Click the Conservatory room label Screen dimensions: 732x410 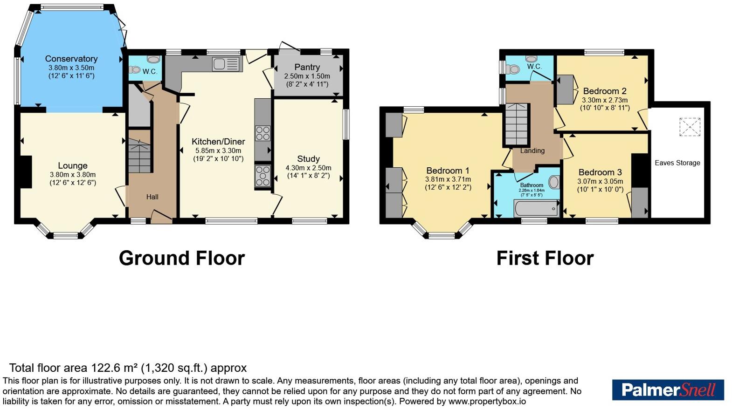[x=71, y=59]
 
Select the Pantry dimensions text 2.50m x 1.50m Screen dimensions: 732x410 [x=307, y=76]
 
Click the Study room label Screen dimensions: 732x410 [x=308, y=159]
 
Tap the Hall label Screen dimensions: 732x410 [x=152, y=197]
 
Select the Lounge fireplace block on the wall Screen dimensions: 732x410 [x=26, y=172]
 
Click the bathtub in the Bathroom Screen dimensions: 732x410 [x=536, y=208]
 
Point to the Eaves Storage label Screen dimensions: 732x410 [x=677, y=163]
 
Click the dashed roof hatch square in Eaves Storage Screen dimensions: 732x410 [x=690, y=127]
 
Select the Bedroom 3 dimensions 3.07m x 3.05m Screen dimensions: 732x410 [x=600, y=181]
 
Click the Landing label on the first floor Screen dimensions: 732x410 [x=532, y=150]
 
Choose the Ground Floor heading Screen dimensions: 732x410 [x=182, y=258]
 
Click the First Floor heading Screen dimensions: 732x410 [x=545, y=258]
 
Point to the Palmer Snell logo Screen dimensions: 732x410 [x=668, y=390]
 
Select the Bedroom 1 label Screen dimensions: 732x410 [x=448, y=171]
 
